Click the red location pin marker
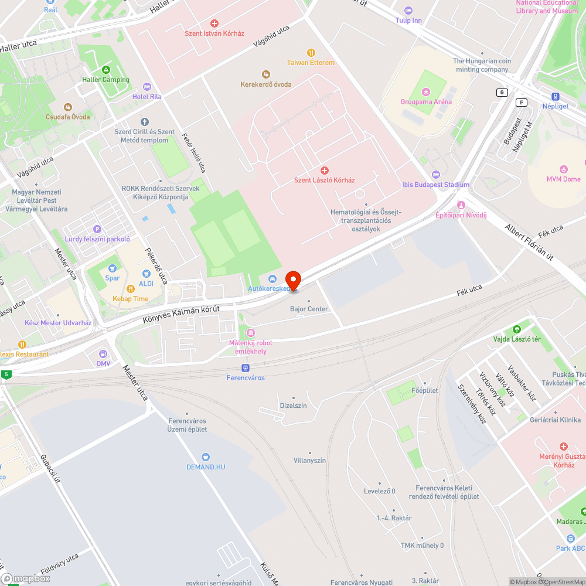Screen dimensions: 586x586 tap(293, 280)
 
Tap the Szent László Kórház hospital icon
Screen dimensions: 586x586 tap(324, 171)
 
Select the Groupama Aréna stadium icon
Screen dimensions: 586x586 tap(426, 91)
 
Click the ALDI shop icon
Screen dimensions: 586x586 tap(146, 274)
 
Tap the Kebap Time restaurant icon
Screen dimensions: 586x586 tap(131, 289)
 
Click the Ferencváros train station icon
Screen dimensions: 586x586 tap(246, 368)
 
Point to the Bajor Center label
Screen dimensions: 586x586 tap(309, 309)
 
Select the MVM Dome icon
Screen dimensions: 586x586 tap(564, 169)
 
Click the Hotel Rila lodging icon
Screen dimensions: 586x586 tap(146, 87)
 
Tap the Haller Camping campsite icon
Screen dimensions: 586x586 tap(105, 70)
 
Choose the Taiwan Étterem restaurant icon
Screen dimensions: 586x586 tap(311, 53)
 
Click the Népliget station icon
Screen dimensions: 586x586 tap(555, 97)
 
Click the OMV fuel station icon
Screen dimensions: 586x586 tap(103, 353)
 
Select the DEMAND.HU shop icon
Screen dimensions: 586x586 tap(206, 457)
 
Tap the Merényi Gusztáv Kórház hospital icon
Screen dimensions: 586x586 tap(564, 447)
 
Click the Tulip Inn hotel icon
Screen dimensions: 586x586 tap(408, 11)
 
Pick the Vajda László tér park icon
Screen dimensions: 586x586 tap(516, 330)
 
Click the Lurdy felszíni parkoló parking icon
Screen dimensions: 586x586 tap(97, 229)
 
